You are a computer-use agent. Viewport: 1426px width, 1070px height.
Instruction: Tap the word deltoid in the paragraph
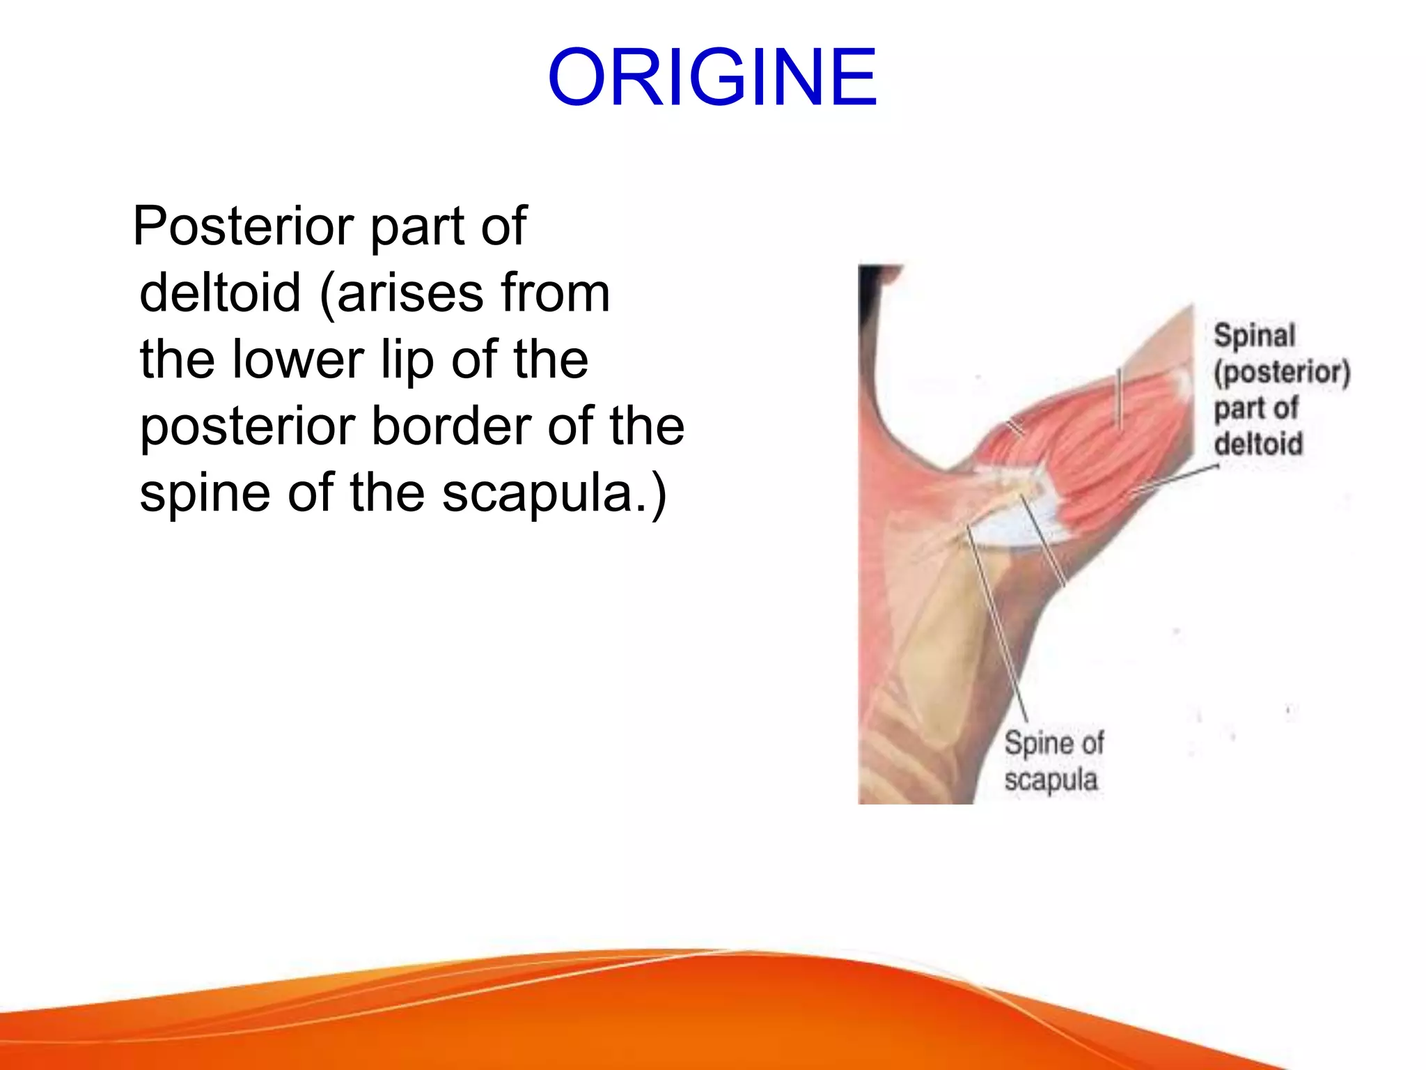[x=220, y=293]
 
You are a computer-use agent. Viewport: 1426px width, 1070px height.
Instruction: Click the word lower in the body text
[x=298, y=359]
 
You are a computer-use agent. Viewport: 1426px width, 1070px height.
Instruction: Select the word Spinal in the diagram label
[x=1254, y=336]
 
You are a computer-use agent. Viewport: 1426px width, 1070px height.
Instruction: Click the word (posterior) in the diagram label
[x=1282, y=372]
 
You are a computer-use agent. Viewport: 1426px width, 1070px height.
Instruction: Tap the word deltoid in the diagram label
[x=1258, y=444]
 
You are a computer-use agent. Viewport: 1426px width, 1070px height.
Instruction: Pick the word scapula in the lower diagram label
[x=1051, y=780]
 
